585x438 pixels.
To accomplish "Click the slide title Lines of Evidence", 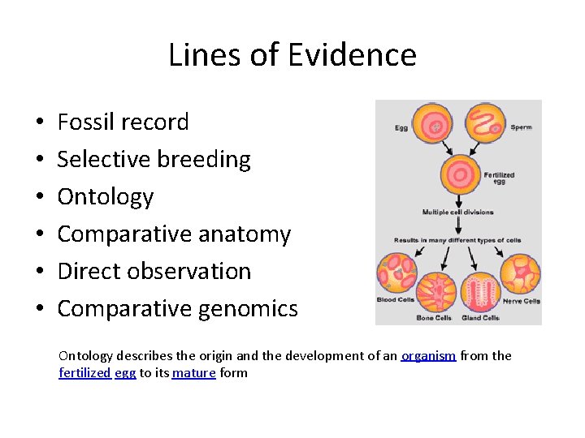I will click(x=292, y=55).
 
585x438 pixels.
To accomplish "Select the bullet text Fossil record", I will click(x=123, y=122).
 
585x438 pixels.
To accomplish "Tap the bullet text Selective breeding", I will click(x=154, y=160).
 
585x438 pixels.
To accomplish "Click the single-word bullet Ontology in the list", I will click(x=105, y=197).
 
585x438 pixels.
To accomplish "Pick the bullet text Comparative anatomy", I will click(x=174, y=234).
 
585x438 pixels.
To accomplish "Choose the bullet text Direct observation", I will click(x=154, y=272).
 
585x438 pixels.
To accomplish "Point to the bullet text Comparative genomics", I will click(x=177, y=309).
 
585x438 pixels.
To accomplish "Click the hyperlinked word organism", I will click(x=428, y=356).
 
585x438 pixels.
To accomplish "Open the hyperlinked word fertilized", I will click(x=84, y=373).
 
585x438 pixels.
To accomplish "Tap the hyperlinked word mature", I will click(x=193, y=373).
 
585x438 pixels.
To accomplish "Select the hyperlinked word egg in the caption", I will click(x=125, y=374).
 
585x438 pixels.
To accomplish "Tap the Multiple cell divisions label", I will click(x=457, y=213).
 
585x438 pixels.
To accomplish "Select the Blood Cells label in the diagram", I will click(x=396, y=300).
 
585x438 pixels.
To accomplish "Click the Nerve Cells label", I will click(x=521, y=301).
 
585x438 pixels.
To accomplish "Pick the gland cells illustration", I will click(x=479, y=292).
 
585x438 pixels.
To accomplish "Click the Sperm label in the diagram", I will click(x=521, y=127).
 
